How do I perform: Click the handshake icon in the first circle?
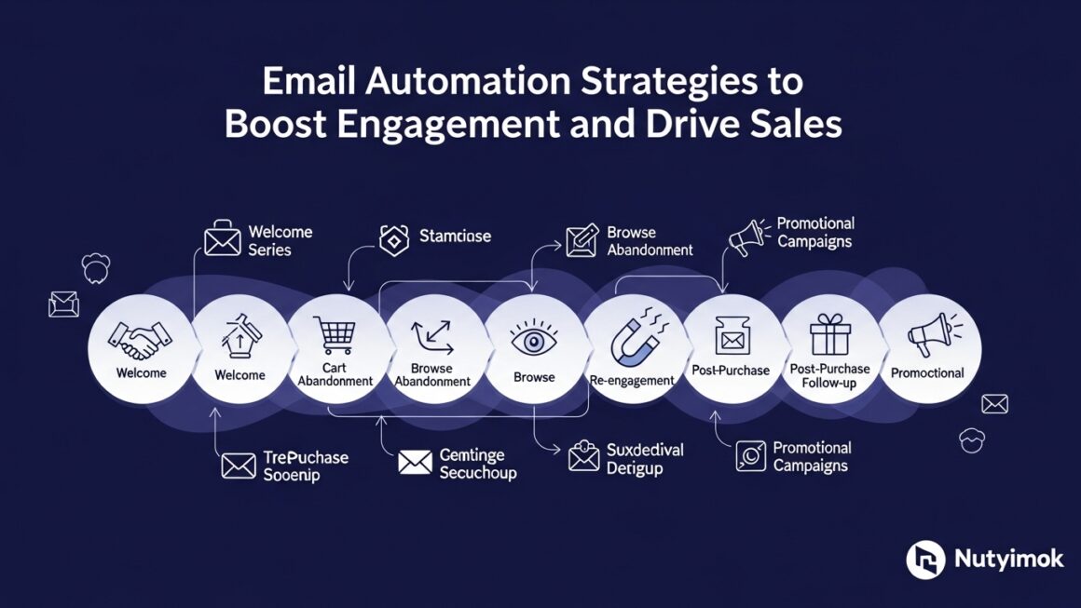[x=141, y=340]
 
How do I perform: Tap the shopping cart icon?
[x=334, y=335]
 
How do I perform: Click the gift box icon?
[x=829, y=334]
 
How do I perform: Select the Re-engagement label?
[x=633, y=380]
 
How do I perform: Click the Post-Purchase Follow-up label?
[x=828, y=376]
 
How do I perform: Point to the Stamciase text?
[x=455, y=236]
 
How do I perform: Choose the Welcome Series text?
[x=281, y=240]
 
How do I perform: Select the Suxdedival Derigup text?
[x=645, y=459]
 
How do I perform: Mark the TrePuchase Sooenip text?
[x=306, y=466]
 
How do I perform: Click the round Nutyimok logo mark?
[x=925, y=560]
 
